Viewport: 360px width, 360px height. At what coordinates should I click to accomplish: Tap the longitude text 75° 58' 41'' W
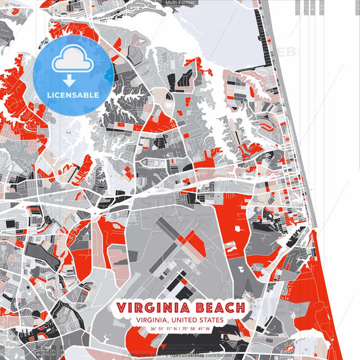[x=196, y=329]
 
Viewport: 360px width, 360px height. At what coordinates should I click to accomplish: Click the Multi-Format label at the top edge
[x=180, y=3]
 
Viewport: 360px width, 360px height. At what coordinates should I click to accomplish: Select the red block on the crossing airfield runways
[x=191, y=240]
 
